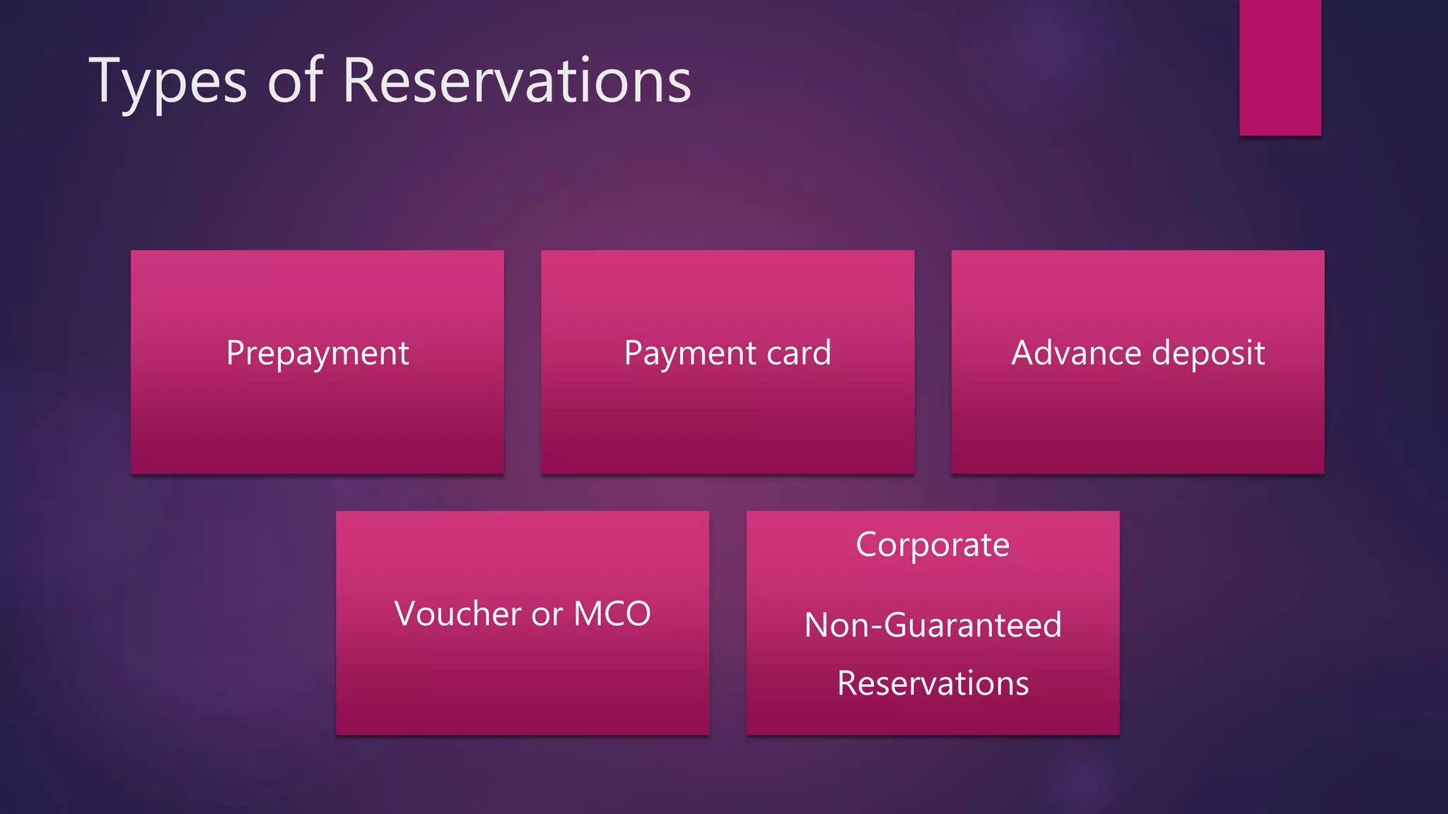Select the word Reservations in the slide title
click(517, 81)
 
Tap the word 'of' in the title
click(295, 81)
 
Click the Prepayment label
click(317, 353)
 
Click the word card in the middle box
click(799, 353)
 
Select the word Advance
click(1076, 353)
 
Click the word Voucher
click(459, 613)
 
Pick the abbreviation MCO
click(612, 613)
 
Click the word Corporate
click(933, 545)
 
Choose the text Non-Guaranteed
click(933, 625)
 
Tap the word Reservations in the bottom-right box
click(933, 683)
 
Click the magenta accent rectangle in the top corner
click(1280, 67)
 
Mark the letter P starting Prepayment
click(235, 353)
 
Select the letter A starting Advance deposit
click(1024, 353)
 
